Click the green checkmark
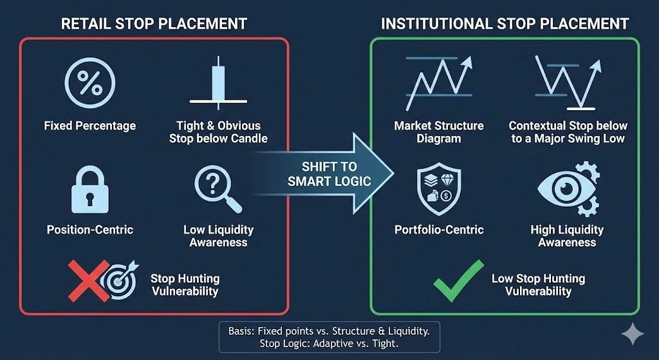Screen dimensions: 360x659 tap(458, 282)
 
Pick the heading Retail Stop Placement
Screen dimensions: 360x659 tap(154, 24)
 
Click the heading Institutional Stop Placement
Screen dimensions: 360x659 tap(505, 24)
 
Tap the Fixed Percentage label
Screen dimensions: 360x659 tap(90, 126)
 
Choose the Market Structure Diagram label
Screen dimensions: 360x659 tap(439, 132)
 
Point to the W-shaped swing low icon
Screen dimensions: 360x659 tap(570, 81)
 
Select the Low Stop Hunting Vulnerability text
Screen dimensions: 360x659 tap(538, 285)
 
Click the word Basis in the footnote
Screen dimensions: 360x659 tap(242, 330)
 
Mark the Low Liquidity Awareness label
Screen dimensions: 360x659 tap(218, 236)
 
